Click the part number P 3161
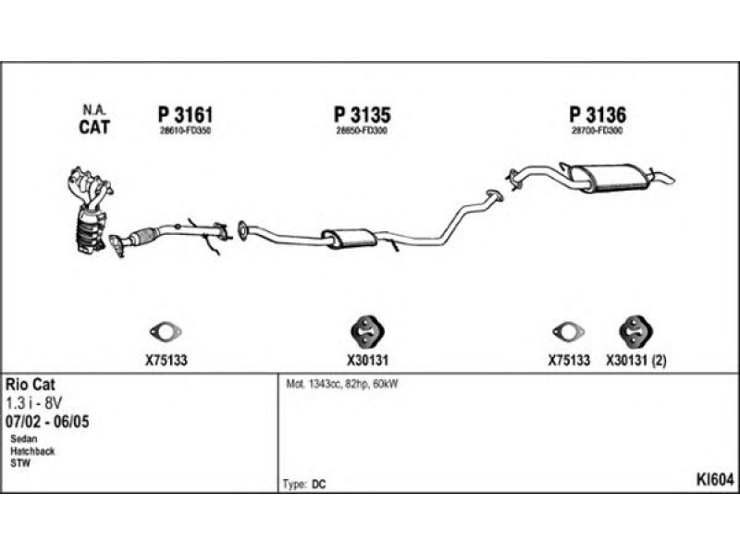click(x=185, y=115)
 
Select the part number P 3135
click(x=363, y=115)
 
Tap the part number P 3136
click(x=598, y=115)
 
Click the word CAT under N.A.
click(x=94, y=127)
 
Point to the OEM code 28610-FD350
click(x=185, y=130)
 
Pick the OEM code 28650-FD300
click(x=362, y=130)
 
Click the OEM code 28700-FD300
click(x=597, y=130)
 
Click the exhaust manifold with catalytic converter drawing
click(x=90, y=210)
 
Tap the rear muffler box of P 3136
click(x=608, y=178)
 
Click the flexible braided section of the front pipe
click(x=144, y=235)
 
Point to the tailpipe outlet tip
click(x=671, y=179)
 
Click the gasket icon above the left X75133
click(x=166, y=332)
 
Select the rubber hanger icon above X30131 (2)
click(x=635, y=331)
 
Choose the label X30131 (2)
click(x=636, y=361)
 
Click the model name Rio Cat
click(x=31, y=384)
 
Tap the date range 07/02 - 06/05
click(x=47, y=421)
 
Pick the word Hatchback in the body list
click(x=32, y=450)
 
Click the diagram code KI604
click(x=715, y=480)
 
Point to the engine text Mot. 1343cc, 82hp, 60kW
click(x=342, y=384)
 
